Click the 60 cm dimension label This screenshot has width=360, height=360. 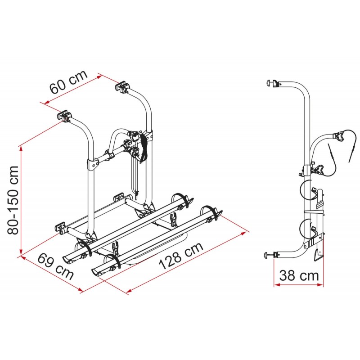[69, 82]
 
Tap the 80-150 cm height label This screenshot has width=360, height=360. [13, 200]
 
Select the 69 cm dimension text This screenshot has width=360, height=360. [55, 266]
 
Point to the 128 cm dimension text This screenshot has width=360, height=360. [181, 256]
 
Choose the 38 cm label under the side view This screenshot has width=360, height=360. [299, 275]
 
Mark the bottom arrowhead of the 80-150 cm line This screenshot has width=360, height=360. [21, 252]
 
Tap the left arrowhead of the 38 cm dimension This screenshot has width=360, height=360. [277, 285]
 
